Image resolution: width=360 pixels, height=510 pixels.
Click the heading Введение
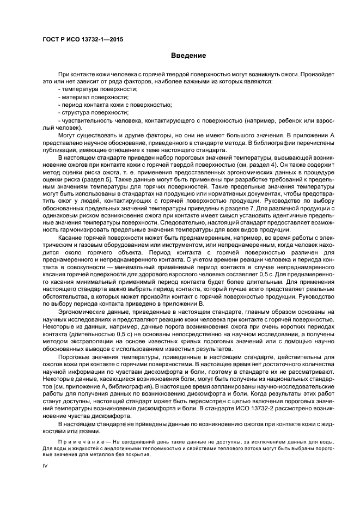[188, 56]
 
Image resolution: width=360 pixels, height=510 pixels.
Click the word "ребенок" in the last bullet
[288, 120]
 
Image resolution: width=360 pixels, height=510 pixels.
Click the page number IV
[46, 466]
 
